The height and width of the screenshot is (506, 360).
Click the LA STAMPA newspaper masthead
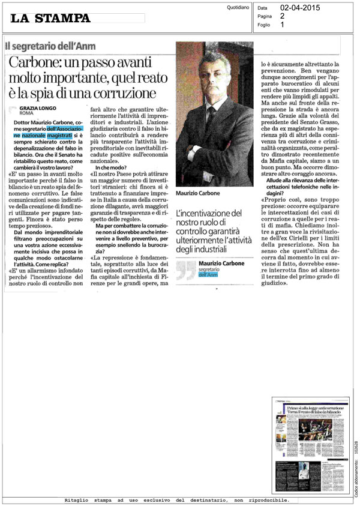(x=50, y=19)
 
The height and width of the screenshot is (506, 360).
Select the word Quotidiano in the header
(x=239, y=8)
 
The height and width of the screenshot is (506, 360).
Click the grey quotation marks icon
(x=186, y=268)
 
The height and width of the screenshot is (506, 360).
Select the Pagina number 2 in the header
(x=283, y=17)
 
